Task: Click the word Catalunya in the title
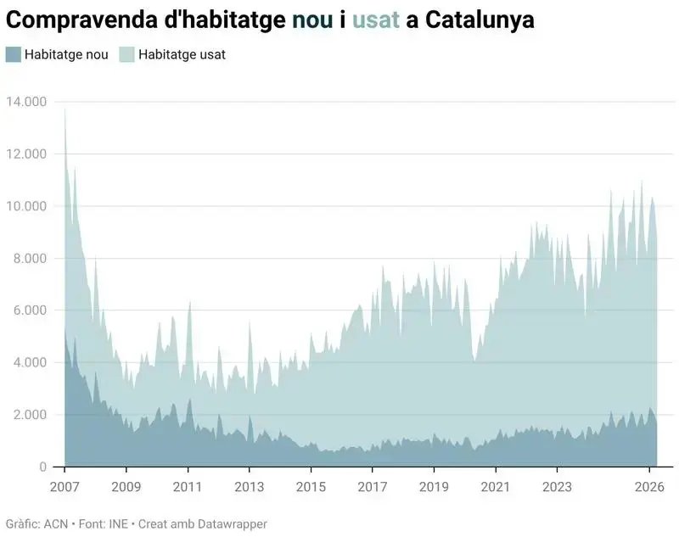tap(480, 20)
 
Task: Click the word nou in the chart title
tap(312, 20)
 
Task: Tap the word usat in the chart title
tap(376, 20)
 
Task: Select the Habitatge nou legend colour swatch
tap(13, 54)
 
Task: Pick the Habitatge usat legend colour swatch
tap(126, 54)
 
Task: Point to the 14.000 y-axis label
tap(26, 102)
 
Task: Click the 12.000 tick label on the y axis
tap(26, 154)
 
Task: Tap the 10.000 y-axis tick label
tap(26, 206)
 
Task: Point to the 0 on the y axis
tap(43, 467)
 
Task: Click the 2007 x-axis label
tap(65, 487)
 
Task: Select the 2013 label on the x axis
tap(250, 487)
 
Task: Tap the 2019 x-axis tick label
tap(434, 487)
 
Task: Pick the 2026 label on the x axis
tap(649, 487)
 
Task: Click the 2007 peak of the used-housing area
tap(65, 109)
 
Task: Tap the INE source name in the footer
tap(118, 524)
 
